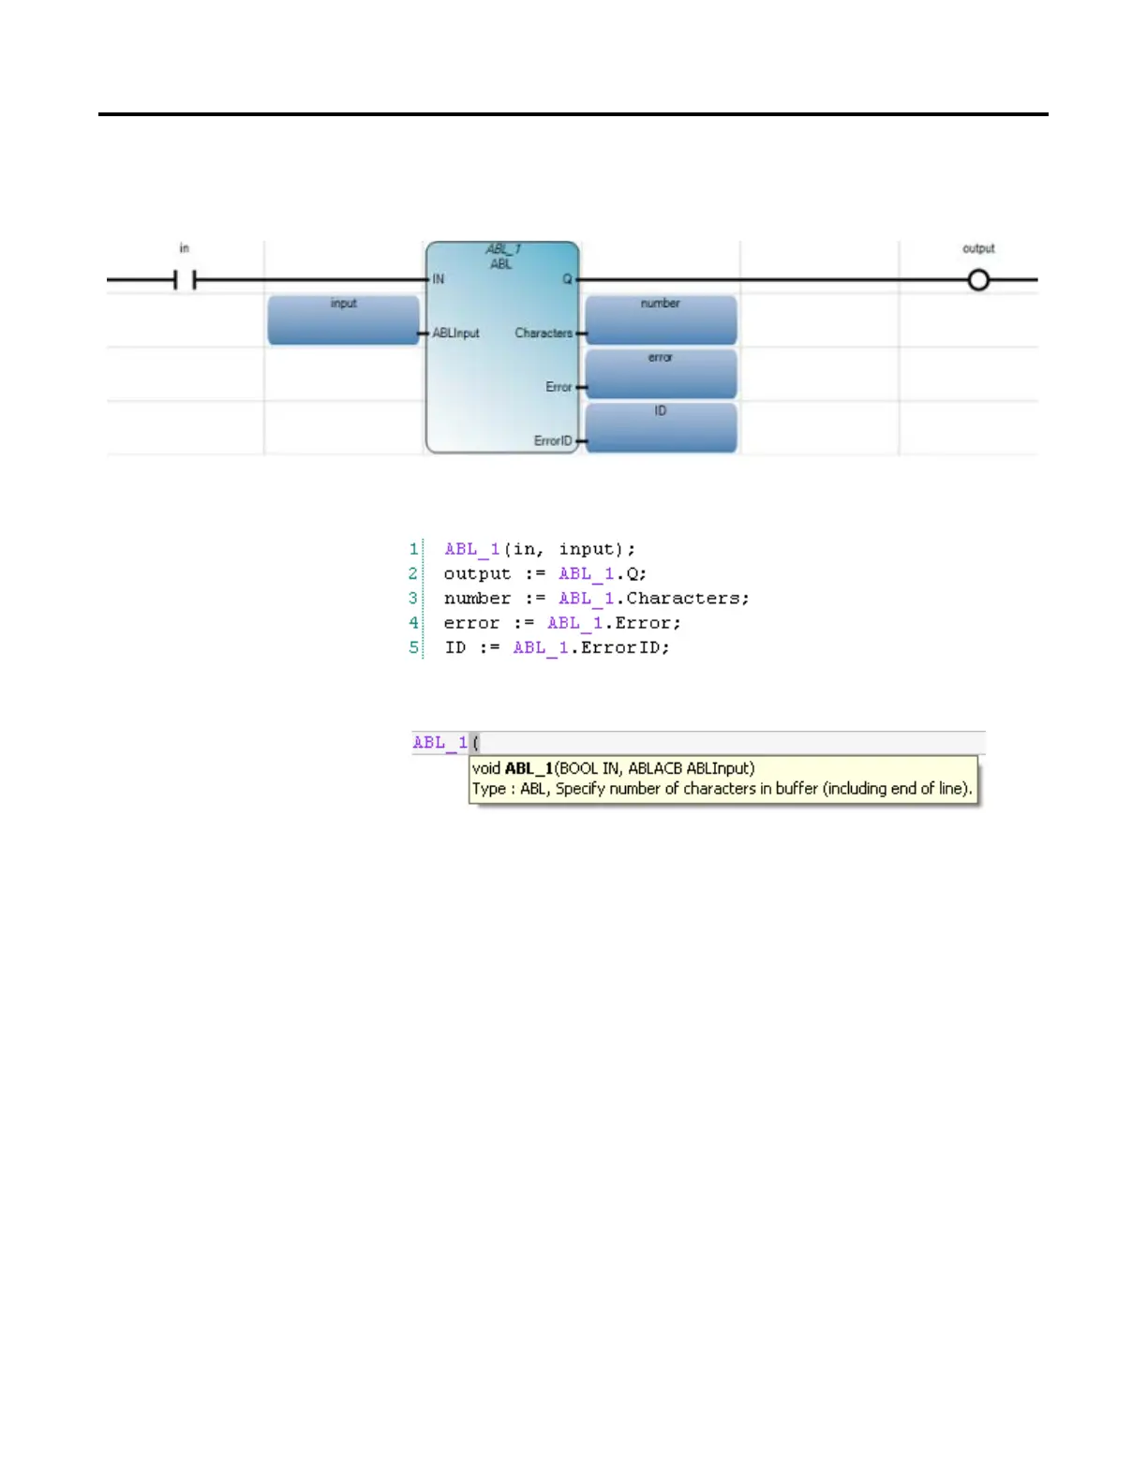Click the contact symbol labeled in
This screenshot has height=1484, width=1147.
pyautogui.click(x=185, y=279)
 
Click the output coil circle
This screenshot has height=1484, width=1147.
pyautogui.click(x=978, y=279)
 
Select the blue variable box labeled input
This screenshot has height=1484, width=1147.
pyautogui.click(x=343, y=320)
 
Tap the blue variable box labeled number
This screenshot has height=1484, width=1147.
pyautogui.click(x=661, y=320)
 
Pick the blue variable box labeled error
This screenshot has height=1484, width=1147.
pyautogui.click(x=661, y=374)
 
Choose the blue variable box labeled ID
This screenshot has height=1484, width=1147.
pyautogui.click(x=661, y=427)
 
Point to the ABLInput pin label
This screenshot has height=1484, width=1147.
pyautogui.click(x=456, y=333)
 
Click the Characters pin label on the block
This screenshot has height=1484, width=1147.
pyautogui.click(x=543, y=333)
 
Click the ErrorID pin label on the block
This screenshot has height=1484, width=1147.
pyautogui.click(x=553, y=440)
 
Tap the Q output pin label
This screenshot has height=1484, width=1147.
pyautogui.click(x=567, y=279)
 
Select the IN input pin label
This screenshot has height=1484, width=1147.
pyautogui.click(x=439, y=279)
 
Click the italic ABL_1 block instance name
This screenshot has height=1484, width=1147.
pyautogui.click(x=503, y=249)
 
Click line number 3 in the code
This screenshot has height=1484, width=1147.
pyautogui.click(x=413, y=598)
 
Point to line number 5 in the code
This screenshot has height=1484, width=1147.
pyautogui.click(x=413, y=647)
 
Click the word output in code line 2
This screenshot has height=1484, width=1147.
pyautogui.click(x=477, y=573)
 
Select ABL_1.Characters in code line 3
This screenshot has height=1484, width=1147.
pyautogui.click(x=653, y=598)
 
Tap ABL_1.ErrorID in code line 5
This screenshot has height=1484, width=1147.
pyautogui.click(x=590, y=647)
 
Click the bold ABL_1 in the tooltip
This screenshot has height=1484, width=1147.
pyautogui.click(x=529, y=768)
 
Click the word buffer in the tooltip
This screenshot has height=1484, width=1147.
pyautogui.click(x=797, y=789)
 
